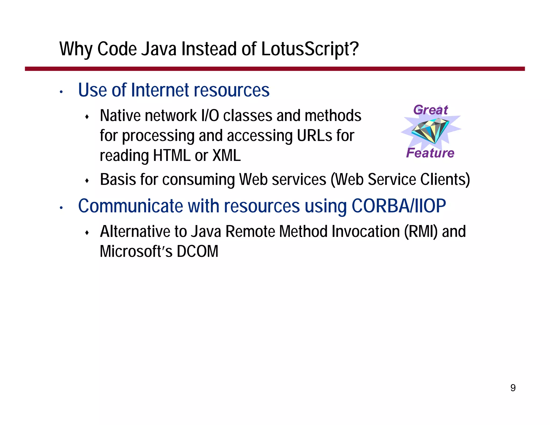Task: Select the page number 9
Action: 513,388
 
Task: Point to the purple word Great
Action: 430,110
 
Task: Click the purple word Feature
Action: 430,153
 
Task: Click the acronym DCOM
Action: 197,251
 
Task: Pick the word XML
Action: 226,156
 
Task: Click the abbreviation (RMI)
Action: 421,231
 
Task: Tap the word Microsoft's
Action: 136,251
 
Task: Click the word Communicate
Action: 131,206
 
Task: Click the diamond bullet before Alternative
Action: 87,233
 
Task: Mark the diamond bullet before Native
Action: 87,117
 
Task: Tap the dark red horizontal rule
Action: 275,69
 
